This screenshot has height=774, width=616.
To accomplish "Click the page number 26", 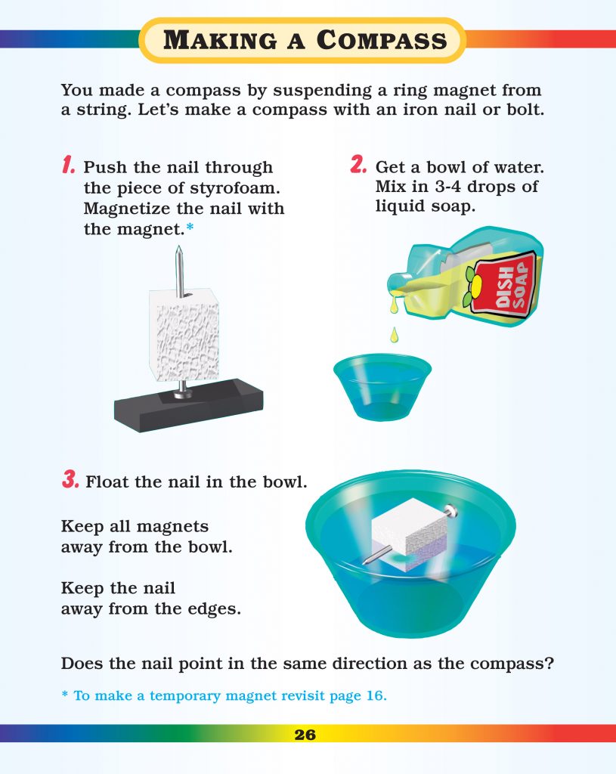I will click(305, 734).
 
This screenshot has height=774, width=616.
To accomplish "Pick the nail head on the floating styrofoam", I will click(452, 513).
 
